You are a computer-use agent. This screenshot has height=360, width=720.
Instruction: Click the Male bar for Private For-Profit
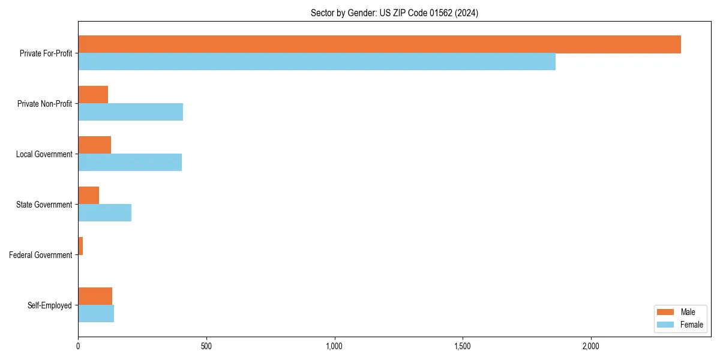[x=379, y=44]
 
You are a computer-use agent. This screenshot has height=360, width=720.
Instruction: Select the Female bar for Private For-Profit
[x=317, y=62]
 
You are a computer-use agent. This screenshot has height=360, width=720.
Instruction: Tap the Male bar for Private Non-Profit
[x=93, y=95]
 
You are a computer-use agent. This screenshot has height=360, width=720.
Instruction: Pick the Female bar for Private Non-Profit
[x=130, y=112]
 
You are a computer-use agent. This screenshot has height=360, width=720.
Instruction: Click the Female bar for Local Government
[x=130, y=163]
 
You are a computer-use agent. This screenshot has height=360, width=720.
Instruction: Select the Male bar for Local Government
[x=94, y=145]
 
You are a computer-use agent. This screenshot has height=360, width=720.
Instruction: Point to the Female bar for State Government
[x=104, y=213]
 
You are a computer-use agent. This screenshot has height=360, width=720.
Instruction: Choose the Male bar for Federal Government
[x=80, y=246]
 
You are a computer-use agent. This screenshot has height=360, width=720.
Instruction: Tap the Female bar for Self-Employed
[x=96, y=314]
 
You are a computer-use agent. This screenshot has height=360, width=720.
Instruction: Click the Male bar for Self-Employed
[x=95, y=296]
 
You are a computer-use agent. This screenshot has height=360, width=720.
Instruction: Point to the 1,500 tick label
[x=463, y=346]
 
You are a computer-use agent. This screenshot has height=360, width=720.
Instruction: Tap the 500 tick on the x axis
[x=206, y=346]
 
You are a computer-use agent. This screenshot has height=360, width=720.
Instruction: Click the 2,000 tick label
[x=591, y=346]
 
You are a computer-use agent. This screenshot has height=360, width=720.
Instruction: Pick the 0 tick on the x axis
[x=78, y=346]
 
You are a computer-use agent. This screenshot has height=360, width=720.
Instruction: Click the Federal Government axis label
[x=41, y=255]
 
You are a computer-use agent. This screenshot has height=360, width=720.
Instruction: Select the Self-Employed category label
[x=50, y=305]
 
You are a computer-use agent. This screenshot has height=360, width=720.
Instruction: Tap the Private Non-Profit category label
[x=44, y=104]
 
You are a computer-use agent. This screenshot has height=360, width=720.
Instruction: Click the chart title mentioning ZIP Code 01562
[x=394, y=13]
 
